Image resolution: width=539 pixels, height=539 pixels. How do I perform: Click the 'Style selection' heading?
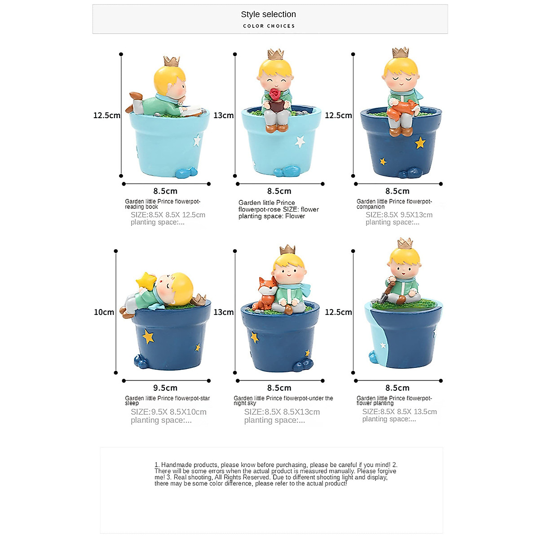[x=268, y=14]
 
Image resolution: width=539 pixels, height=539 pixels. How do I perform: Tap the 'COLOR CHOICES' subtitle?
[x=269, y=26]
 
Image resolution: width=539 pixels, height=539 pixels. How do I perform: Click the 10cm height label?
[x=104, y=312]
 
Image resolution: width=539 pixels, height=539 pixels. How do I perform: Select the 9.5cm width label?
[x=165, y=388]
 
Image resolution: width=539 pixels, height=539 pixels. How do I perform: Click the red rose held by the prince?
[x=274, y=94]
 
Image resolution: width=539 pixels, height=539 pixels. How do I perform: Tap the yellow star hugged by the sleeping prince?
[x=146, y=280]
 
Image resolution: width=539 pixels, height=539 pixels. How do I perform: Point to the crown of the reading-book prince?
[x=172, y=61]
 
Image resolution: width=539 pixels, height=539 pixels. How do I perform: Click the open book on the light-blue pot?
[x=192, y=111]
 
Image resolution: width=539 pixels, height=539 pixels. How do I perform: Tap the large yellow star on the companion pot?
[x=420, y=143]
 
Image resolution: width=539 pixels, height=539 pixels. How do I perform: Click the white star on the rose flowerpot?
[x=300, y=142]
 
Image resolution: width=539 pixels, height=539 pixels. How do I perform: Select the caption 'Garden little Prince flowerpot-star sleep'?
[x=167, y=401]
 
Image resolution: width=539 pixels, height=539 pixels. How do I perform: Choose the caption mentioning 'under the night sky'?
[x=283, y=401]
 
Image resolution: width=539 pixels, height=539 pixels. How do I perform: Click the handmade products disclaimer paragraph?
[x=275, y=474]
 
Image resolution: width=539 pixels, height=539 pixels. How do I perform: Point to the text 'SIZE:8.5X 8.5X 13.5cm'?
[x=399, y=412]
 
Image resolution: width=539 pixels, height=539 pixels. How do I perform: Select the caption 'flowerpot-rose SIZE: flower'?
[x=278, y=209]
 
